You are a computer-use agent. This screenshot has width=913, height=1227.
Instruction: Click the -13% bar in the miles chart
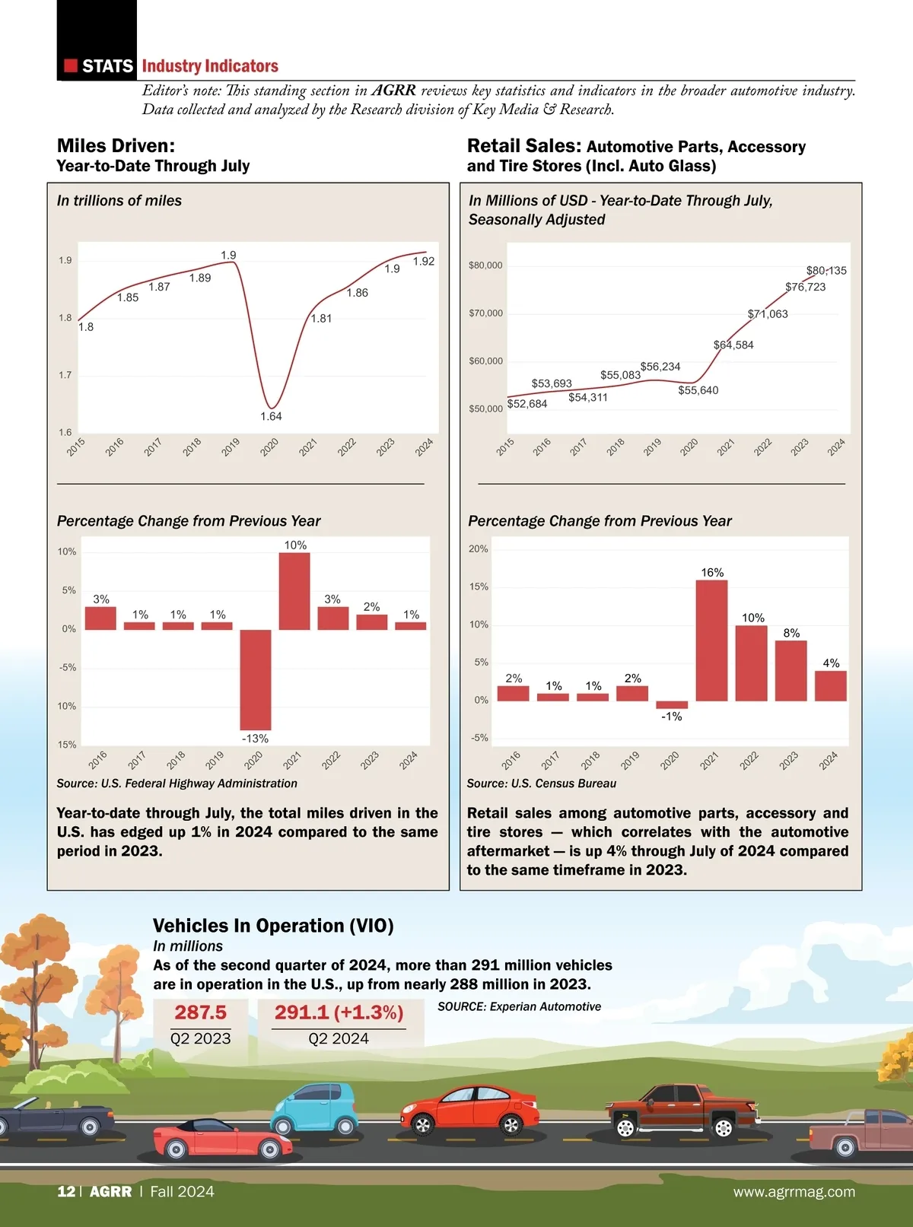click(256, 679)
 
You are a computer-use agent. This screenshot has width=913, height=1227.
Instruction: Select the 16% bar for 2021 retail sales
click(711, 641)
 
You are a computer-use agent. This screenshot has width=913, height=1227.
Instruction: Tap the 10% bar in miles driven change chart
click(294, 591)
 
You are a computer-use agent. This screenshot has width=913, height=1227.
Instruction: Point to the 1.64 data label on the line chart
click(271, 416)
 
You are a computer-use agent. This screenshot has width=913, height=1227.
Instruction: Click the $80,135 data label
click(826, 271)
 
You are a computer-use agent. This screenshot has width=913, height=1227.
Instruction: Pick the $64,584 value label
click(733, 345)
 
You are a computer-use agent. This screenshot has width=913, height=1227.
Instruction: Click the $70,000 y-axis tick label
click(485, 313)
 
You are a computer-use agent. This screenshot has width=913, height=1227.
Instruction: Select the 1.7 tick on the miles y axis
click(65, 375)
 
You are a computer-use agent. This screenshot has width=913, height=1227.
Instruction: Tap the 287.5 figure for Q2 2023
click(200, 1012)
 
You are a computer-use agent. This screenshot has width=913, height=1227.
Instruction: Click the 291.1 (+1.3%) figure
click(339, 1012)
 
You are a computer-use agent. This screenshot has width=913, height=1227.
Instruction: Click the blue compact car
click(314, 1110)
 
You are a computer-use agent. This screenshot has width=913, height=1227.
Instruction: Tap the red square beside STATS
click(71, 66)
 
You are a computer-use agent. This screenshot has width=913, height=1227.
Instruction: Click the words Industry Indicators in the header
click(210, 66)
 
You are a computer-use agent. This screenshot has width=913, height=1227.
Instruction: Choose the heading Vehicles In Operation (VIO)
click(273, 926)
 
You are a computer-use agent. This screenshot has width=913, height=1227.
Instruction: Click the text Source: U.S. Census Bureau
click(542, 784)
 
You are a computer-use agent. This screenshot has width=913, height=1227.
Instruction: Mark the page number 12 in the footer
click(65, 1191)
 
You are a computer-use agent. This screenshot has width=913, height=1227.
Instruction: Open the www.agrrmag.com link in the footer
click(794, 1192)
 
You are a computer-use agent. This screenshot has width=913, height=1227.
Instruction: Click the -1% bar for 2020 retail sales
click(672, 704)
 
